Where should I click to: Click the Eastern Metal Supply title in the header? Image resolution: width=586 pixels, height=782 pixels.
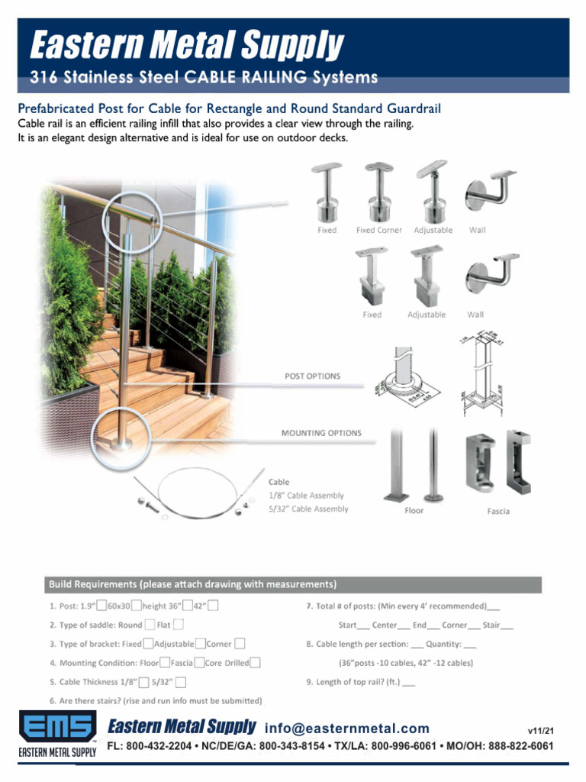187,45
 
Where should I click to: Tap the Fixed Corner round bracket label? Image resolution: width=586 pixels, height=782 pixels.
378,230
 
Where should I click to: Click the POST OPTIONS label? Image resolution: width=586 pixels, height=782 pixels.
312,376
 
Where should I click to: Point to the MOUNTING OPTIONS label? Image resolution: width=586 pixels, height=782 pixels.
321,433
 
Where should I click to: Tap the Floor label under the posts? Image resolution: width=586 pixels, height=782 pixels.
414,511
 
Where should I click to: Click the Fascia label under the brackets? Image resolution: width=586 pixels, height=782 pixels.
498,511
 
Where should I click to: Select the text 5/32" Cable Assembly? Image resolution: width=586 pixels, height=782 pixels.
308,509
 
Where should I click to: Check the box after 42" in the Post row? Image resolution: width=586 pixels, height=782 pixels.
213,606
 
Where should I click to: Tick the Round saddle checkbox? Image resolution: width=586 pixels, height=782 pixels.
150,625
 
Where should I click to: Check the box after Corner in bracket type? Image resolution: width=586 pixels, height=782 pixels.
240,644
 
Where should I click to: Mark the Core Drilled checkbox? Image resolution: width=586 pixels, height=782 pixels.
256,663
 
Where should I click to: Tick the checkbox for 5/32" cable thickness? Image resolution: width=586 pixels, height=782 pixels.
181,682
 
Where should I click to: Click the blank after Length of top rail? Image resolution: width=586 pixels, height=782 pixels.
409,682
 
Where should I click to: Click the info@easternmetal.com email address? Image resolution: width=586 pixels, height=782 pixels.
347,729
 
